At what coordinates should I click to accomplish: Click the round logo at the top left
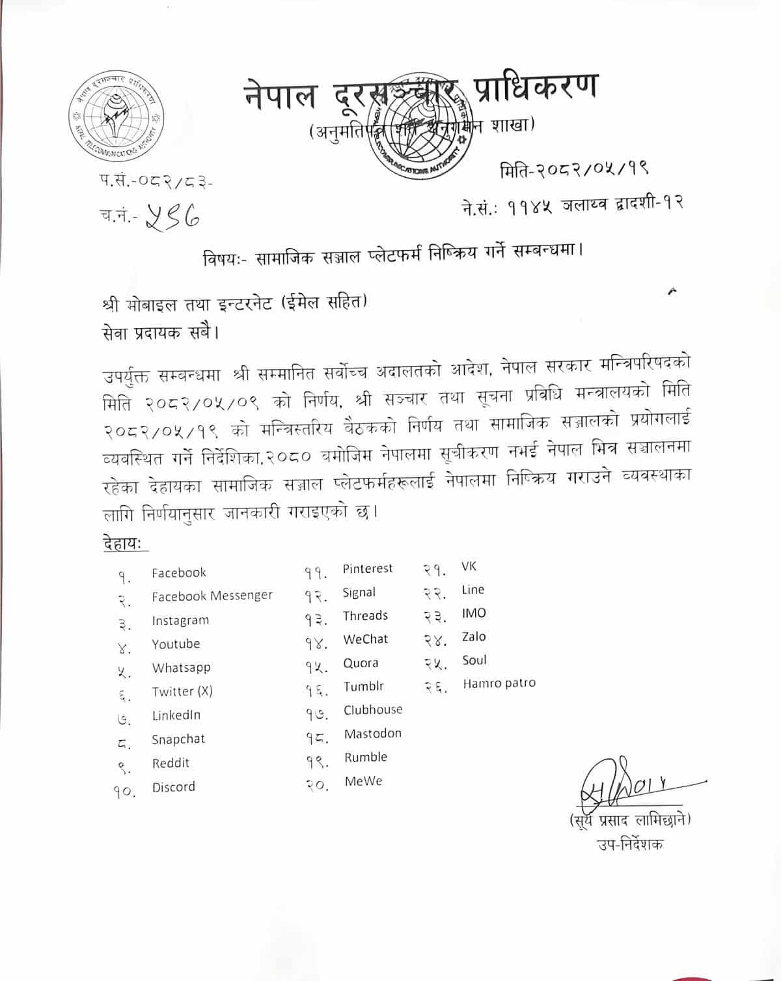pyautogui.click(x=117, y=115)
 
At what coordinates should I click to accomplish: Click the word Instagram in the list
pyautogui.click(x=180, y=620)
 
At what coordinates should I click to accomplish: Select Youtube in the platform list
pyautogui.click(x=176, y=644)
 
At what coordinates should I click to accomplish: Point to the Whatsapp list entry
pyautogui.click(x=181, y=667)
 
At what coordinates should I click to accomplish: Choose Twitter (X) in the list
pyautogui.click(x=182, y=691)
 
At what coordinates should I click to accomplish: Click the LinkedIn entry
pyautogui.click(x=176, y=715)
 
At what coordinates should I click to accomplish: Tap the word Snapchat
pyautogui.click(x=178, y=739)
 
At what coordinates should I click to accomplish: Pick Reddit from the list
pyautogui.click(x=171, y=763)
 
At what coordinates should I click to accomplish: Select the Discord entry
pyautogui.click(x=173, y=786)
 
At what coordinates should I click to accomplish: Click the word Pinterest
pyautogui.click(x=368, y=568)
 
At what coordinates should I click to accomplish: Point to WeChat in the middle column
pyautogui.click(x=365, y=639)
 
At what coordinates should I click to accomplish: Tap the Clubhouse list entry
pyautogui.click(x=373, y=710)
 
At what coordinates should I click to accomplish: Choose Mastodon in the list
pyautogui.click(x=372, y=734)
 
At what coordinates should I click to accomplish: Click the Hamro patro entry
pyautogui.click(x=499, y=684)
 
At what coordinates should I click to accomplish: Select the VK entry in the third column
pyautogui.click(x=469, y=566)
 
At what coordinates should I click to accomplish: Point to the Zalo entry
pyautogui.click(x=474, y=637)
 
